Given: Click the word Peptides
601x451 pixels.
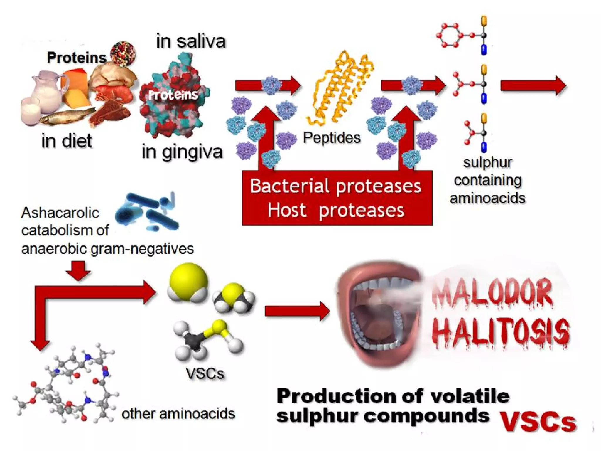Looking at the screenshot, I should tap(332, 137).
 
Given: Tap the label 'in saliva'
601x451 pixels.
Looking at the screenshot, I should tap(191, 41).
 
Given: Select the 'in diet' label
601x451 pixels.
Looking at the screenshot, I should tap(67, 141).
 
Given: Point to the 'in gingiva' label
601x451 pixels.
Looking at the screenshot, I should tap(182, 152).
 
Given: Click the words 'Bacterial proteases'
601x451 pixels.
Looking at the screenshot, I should tap(335, 186).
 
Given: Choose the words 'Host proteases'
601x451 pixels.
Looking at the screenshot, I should tap(335, 210).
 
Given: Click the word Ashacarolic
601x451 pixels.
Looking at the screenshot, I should tap(60, 213).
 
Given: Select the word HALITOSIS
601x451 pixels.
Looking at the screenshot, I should tap(501, 333).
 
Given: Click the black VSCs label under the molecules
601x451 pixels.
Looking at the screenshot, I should tap(205, 373).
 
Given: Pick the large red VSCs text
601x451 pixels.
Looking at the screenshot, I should tap(538, 422).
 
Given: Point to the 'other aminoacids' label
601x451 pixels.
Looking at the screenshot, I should tap(178, 414).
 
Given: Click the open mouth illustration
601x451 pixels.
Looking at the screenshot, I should tap(379, 317).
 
